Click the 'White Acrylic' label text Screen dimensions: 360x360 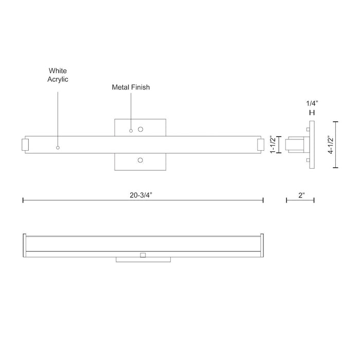click(x=58, y=75)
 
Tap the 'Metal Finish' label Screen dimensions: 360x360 click(x=131, y=87)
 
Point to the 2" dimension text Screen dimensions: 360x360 click(x=301, y=195)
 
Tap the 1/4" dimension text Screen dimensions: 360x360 click(x=311, y=103)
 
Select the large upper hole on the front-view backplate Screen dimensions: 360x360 click(x=140, y=129)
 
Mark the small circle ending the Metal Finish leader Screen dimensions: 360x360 click(x=131, y=131)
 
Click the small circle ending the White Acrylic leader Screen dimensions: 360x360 click(x=58, y=148)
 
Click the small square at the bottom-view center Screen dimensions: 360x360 click(x=143, y=254)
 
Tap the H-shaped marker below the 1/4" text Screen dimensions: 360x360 click(x=311, y=113)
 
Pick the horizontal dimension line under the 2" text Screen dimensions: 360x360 click(x=300, y=201)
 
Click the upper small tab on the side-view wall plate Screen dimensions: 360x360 click(x=307, y=129)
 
